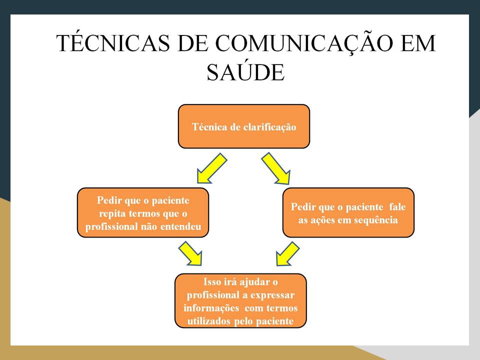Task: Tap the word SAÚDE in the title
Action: click(245, 73)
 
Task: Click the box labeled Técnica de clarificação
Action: click(244, 126)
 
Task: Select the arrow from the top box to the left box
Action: click(212, 168)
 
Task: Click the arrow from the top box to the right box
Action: click(276, 168)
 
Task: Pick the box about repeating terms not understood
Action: click(143, 212)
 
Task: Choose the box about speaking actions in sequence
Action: click(348, 212)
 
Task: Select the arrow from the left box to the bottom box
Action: click(191, 253)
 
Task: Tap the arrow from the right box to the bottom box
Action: click(287, 253)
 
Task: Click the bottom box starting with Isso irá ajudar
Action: click(240, 301)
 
